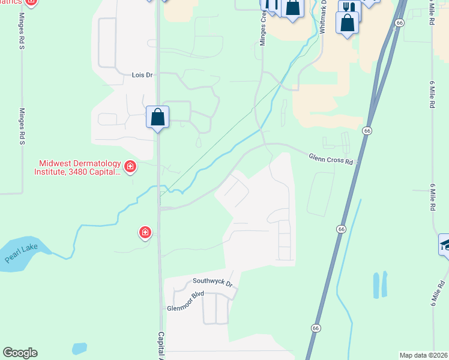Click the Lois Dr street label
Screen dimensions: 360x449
click(142, 76)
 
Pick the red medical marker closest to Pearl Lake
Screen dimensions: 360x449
click(145, 232)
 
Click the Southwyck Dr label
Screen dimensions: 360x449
click(212, 281)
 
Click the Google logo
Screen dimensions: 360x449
click(20, 353)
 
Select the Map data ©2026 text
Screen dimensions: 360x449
click(423, 355)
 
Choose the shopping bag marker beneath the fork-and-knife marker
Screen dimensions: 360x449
click(347, 23)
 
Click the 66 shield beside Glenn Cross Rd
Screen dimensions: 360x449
click(366, 130)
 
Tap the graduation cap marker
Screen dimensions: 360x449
click(445, 244)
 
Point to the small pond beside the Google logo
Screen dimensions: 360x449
click(79, 348)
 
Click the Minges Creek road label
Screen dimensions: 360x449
click(262, 30)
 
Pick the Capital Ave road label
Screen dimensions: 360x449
click(160, 344)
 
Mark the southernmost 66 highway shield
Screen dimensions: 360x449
click(315, 328)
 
